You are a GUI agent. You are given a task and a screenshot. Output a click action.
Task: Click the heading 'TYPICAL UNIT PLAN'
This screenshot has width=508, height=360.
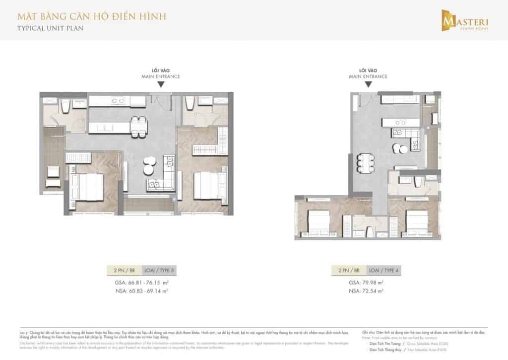(44, 28)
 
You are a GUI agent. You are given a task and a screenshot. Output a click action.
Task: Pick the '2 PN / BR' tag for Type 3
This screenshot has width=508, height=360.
(125, 271)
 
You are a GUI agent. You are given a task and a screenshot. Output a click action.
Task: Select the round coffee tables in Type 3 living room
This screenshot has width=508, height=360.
(149, 166)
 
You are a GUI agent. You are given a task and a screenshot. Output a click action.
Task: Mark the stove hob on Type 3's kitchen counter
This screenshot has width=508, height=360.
(118, 101)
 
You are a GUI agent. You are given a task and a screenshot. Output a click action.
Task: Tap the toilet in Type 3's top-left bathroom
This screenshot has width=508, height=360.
(65, 106)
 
